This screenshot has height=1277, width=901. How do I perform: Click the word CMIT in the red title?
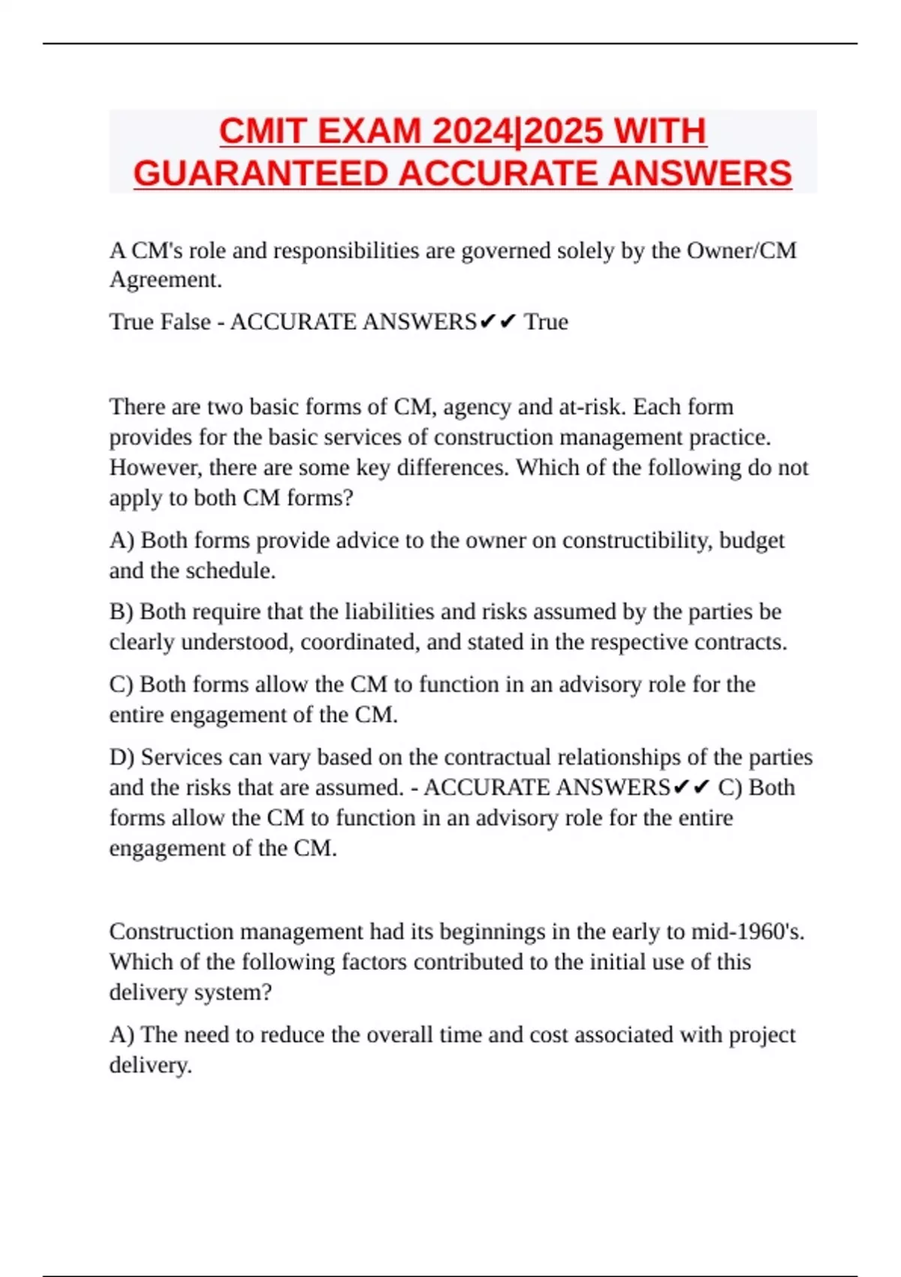coord(263,131)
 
